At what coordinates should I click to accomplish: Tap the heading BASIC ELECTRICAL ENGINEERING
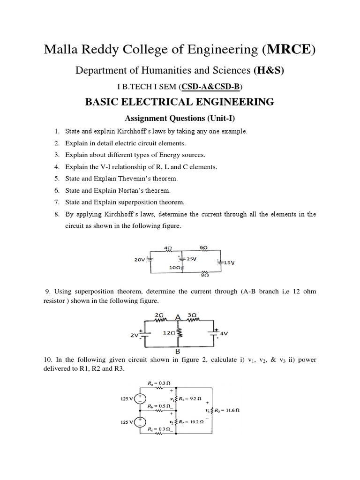(x=180, y=102)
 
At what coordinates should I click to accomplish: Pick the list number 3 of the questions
(x=56, y=155)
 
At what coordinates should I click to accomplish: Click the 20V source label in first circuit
(x=140, y=259)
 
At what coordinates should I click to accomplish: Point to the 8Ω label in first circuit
(x=204, y=276)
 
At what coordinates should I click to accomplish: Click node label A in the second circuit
(x=178, y=317)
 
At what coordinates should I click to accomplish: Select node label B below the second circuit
(x=178, y=351)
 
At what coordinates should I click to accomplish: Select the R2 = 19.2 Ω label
(x=191, y=422)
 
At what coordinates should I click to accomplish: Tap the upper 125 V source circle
(x=140, y=399)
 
